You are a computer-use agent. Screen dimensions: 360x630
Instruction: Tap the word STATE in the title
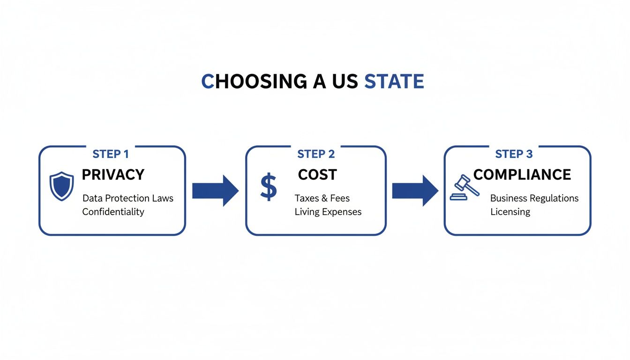coord(394,82)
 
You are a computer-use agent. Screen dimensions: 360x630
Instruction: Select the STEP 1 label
coord(111,154)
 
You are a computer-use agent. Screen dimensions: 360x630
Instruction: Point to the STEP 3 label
coord(514,154)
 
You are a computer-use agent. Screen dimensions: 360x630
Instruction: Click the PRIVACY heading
coord(113,175)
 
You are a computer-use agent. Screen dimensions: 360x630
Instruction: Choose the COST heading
coord(317,175)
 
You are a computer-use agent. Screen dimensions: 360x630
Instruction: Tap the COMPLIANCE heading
coord(522,175)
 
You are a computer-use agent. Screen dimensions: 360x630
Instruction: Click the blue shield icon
coord(61,186)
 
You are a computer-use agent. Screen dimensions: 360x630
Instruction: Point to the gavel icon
coord(464,187)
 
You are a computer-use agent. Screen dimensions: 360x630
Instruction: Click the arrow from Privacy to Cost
coord(215,190)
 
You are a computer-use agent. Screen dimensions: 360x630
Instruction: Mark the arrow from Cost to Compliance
coord(415,190)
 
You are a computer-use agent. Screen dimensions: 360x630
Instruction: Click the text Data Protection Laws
coord(128,198)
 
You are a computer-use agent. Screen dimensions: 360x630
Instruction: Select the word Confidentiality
coord(113,212)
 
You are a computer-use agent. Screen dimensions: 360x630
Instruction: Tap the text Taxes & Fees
coord(322,198)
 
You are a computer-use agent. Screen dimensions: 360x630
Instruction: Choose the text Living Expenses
coord(328,212)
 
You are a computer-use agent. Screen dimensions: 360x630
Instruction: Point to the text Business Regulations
coord(534,198)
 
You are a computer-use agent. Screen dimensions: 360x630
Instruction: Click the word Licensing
coord(510,212)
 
